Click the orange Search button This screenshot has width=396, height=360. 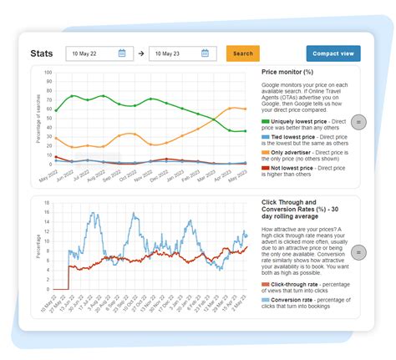click(x=243, y=53)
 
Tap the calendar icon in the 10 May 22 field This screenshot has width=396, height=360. click(x=122, y=53)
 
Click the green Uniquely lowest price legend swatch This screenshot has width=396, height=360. click(x=266, y=122)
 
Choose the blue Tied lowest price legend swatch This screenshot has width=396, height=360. click(x=266, y=136)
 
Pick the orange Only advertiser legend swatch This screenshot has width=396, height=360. click(x=266, y=153)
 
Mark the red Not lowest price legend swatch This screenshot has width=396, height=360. click(x=266, y=169)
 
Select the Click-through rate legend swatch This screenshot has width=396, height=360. click(x=266, y=284)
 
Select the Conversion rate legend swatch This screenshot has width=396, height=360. click(x=266, y=299)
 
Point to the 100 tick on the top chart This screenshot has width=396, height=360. click(x=48, y=73)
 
